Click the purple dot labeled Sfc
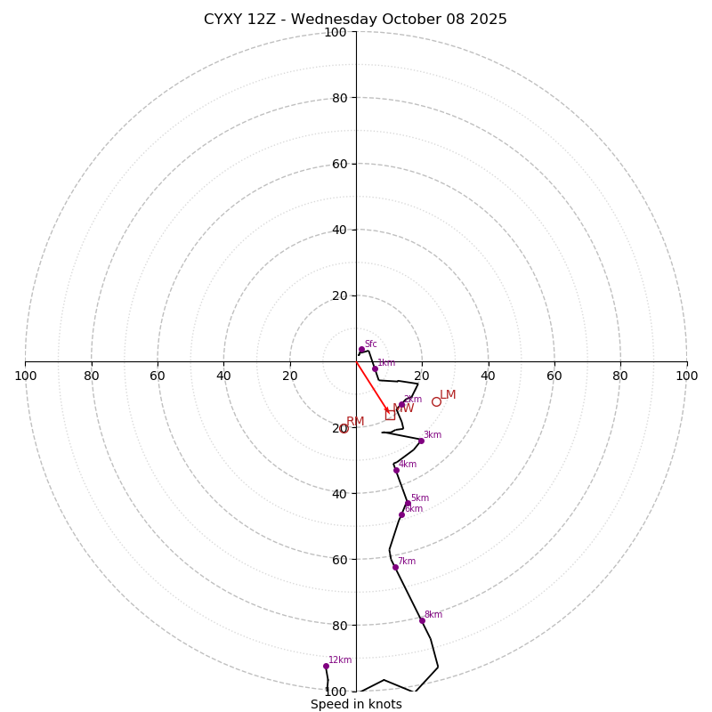pyautogui.click(x=361, y=349)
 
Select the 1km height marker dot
pyautogui.click(x=375, y=368)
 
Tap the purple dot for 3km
pyautogui.click(x=421, y=441)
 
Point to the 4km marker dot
pyautogui.click(x=396, y=470)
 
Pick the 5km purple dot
pyautogui.click(x=408, y=504)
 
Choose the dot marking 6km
pyautogui.click(x=401, y=514)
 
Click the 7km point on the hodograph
pyautogui.click(x=395, y=567)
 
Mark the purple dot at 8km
pyautogui.click(x=422, y=620)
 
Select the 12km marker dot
pyautogui.click(x=326, y=666)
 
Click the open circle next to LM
pyautogui.click(x=436, y=401)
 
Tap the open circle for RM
pyautogui.click(x=344, y=429)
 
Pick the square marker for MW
pyautogui.click(x=390, y=414)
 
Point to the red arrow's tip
pyautogui.click(x=389, y=413)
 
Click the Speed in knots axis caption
pyautogui.click(x=356, y=705)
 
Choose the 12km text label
pyautogui.click(x=340, y=660)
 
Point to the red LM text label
pyautogui.click(x=448, y=395)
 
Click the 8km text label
pyautogui.click(x=433, y=615)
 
